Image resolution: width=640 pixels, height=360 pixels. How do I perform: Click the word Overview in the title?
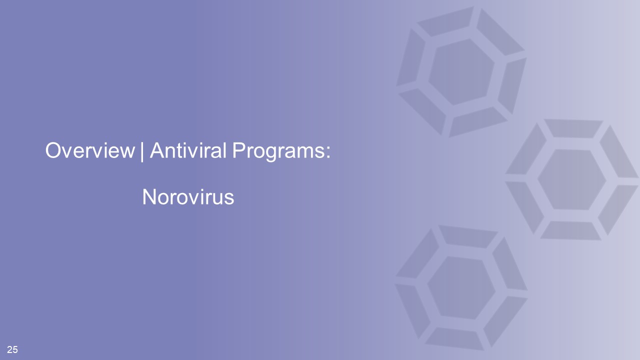click(90, 150)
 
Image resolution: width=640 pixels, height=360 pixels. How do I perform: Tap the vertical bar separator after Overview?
click(142, 151)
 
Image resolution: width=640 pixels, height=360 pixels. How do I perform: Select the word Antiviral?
click(188, 150)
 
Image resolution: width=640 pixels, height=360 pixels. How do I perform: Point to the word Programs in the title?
click(278, 151)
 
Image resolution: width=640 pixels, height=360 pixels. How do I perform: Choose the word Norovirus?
click(188, 197)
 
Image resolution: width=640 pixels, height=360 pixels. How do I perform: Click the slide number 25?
click(12, 349)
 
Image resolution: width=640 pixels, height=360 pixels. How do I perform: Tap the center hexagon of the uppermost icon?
click(461, 72)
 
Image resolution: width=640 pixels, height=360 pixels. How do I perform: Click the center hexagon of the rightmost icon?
click(571, 179)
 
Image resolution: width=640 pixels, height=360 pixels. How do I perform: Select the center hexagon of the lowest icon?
click(461, 287)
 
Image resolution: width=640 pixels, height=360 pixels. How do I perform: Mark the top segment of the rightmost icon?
click(573, 128)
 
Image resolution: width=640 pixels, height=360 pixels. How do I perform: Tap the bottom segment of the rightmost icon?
click(571, 230)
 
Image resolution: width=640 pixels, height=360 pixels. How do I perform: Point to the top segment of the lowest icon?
click(468, 236)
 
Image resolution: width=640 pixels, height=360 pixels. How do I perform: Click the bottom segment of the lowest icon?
click(454, 339)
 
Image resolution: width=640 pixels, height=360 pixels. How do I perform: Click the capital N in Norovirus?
click(149, 197)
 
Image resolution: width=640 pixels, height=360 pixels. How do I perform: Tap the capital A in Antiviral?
click(158, 150)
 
